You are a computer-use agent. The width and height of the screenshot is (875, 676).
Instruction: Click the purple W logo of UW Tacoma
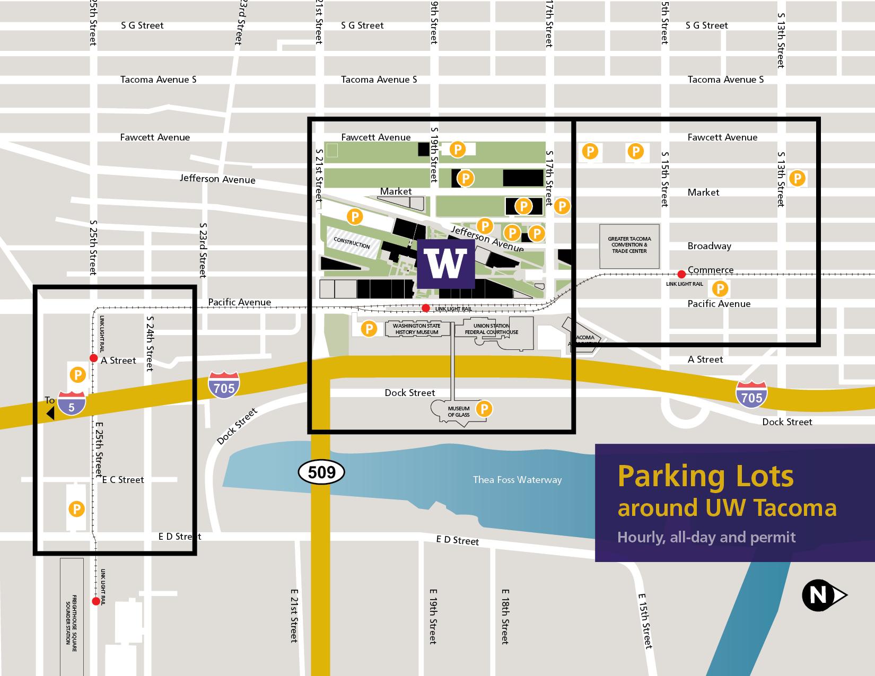pos(445,264)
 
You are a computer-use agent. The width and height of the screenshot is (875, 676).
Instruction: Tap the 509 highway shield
pos(321,472)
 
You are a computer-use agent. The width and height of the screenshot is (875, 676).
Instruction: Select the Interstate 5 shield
pos(72,403)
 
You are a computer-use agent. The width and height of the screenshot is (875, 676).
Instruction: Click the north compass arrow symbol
pos(822,595)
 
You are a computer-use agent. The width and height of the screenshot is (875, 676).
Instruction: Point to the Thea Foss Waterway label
pos(517,480)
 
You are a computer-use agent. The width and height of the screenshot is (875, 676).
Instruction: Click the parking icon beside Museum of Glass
pos(484,409)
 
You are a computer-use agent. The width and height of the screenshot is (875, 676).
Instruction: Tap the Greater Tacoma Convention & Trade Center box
pos(629,245)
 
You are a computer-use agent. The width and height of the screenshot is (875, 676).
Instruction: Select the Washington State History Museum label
pos(417,329)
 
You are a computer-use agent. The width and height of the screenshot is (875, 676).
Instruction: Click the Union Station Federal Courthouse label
pos(492,329)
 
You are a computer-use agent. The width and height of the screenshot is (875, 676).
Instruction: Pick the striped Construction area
pos(353,243)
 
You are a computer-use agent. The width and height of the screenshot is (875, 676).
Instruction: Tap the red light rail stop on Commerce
pos(681,274)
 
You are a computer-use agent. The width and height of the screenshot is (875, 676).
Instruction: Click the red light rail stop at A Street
pos(93,358)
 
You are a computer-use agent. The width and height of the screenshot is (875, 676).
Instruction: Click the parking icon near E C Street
pos(76,509)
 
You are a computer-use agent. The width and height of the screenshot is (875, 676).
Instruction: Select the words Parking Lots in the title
pos(705,476)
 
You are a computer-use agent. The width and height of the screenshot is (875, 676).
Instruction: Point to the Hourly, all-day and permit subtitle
pos(706,537)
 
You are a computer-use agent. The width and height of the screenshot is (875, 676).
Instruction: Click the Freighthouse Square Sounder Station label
pos(72,618)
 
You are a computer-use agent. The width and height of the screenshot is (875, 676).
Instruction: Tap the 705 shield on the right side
pos(752,395)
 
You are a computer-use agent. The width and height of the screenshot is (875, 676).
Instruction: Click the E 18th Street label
pos(505,616)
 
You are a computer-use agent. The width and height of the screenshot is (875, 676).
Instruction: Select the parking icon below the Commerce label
pos(720,289)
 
